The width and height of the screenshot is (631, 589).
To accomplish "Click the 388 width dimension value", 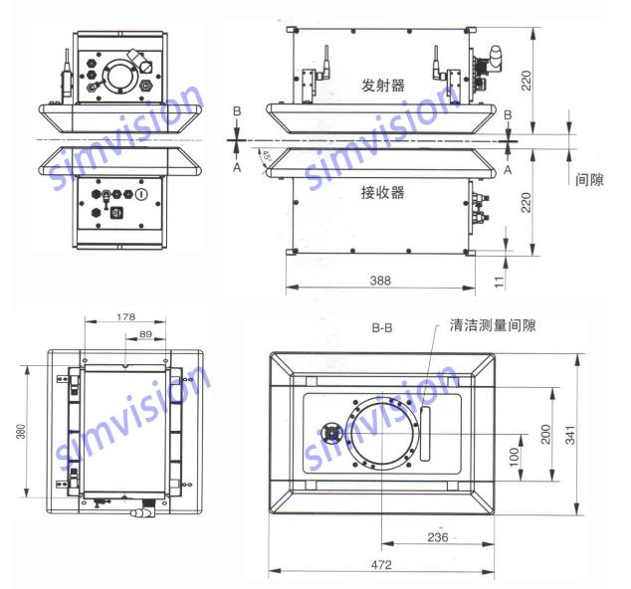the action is click(380, 280).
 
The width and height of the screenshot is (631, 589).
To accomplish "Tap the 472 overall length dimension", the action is click(381, 564).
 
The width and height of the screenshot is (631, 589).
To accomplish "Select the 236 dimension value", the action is click(438, 537).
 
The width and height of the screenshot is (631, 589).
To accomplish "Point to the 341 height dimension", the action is click(571, 435).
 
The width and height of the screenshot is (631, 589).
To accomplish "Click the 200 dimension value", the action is click(545, 434).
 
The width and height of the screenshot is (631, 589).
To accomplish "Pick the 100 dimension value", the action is click(515, 457).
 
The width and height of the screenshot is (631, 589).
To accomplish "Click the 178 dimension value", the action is click(125, 317).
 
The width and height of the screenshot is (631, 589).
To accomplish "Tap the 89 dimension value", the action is click(145, 334).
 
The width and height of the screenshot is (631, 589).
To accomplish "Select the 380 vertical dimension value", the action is click(21, 431).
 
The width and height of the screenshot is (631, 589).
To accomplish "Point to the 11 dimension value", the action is click(499, 282).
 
